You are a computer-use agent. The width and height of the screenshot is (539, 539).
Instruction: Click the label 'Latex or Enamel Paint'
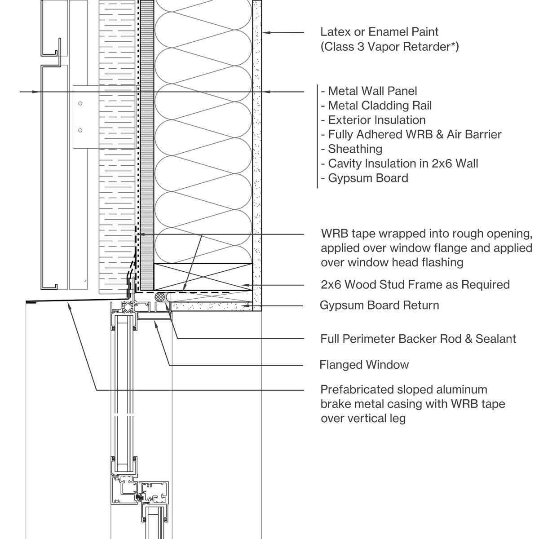[x=379, y=32]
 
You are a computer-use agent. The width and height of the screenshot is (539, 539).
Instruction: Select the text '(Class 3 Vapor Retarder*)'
[x=389, y=47]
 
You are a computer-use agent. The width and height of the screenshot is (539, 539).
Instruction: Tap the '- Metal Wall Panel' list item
[x=369, y=91]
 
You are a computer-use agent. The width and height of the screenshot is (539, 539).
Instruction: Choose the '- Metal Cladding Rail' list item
[x=376, y=106]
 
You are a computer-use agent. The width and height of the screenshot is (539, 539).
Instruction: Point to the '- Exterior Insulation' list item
[x=373, y=120]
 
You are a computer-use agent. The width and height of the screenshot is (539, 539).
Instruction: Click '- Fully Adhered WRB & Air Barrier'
[x=411, y=135]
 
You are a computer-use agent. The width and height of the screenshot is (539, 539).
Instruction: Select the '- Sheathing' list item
[x=351, y=150]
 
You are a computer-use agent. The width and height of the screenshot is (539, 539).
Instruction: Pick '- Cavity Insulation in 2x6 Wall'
[x=399, y=163]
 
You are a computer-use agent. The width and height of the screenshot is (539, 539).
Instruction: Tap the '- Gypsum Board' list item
[x=364, y=178]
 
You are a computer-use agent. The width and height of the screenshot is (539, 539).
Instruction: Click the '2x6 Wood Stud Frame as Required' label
[x=415, y=285]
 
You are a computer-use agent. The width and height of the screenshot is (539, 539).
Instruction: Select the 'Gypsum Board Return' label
[x=379, y=305]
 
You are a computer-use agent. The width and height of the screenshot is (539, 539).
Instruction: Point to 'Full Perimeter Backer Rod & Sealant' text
[x=418, y=339]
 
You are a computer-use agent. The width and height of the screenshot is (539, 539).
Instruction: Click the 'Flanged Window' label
[x=364, y=365]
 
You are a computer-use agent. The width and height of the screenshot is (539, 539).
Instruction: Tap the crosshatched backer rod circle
[x=160, y=297]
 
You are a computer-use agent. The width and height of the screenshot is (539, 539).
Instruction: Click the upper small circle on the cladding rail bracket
[x=80, y=103]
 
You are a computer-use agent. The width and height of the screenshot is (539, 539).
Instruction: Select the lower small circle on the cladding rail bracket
[x=80, y=130]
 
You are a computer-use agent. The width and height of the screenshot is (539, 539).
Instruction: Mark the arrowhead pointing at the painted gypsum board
[x=266, y=33]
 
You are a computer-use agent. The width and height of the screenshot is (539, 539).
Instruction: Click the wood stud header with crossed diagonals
[x=203, y=277]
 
